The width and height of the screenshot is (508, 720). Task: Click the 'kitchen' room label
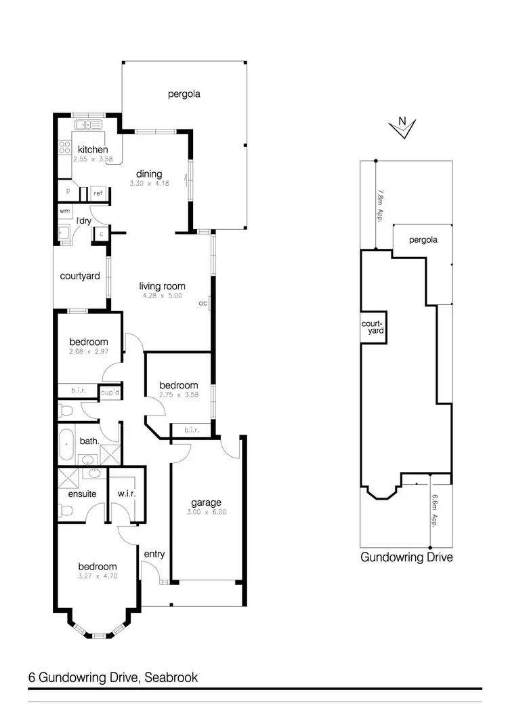coord(93,150)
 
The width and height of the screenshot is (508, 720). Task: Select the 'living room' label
coord(163,286)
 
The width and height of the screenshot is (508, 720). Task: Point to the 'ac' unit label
coord(203,303)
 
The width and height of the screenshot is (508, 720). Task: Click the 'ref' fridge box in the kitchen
coord(98,194)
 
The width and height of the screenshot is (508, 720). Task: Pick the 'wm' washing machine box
coord(65,212)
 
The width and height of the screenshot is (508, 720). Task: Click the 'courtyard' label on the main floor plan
coord(80,276)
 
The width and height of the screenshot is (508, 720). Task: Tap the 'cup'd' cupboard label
coord(110,392)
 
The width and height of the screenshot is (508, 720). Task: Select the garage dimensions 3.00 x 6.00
coord(206,512)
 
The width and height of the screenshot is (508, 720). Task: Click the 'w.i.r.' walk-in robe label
coord(127,494)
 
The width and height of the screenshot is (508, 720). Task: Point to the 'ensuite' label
coord(81,494)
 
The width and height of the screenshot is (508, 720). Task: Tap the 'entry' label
coord(154,554)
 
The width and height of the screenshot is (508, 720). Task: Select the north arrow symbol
coord(403,127)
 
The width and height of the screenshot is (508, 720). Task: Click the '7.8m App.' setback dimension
coord(380,205)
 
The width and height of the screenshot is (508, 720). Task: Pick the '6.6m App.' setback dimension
coord(436,510)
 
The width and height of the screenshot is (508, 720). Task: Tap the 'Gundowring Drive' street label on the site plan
coord(406,557)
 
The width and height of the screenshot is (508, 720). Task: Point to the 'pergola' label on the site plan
coord(423,240)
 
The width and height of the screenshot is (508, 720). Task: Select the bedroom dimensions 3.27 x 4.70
coord(98,576)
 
